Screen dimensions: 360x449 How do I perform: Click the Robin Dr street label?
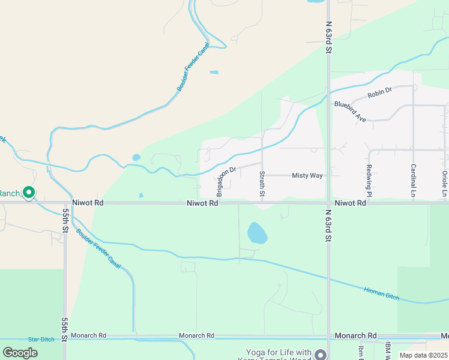(x=379, y=91)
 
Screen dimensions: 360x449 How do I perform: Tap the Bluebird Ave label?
(x=351, y=112)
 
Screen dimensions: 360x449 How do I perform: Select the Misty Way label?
(x=307, y=175)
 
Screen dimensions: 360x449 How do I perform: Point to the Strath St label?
(x=262, y=184)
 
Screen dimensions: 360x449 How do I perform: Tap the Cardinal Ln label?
(x=414, y=180)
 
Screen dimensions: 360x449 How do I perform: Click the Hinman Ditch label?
(x=381, y=293)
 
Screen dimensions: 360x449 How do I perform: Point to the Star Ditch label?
(x=41, y=340)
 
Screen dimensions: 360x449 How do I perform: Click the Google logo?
(x=20, y=353)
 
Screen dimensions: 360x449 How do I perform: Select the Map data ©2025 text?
(x=423, y=355)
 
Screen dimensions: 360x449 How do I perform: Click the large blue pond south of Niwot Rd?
(x=257, y=233)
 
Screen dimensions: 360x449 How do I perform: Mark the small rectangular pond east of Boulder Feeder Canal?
(x=214, y=73)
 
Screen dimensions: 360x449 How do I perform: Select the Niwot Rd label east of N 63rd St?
(x=351, y=203)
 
